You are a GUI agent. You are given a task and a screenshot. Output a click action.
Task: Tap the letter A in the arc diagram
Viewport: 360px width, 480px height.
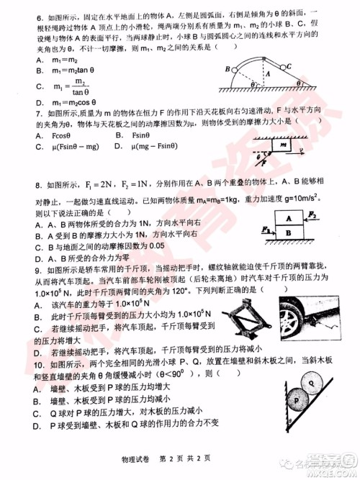[x=269, y=73]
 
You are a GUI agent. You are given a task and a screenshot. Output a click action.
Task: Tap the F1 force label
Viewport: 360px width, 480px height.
[x=266, y=230]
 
